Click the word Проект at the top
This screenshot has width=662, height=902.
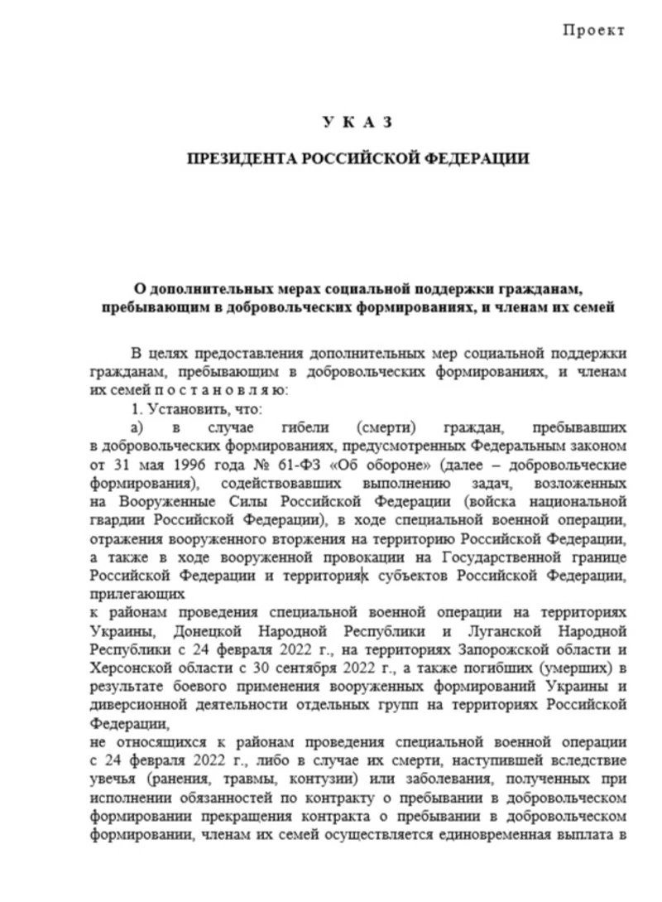coord(593,31)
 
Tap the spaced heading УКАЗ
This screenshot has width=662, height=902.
coord(357,123)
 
